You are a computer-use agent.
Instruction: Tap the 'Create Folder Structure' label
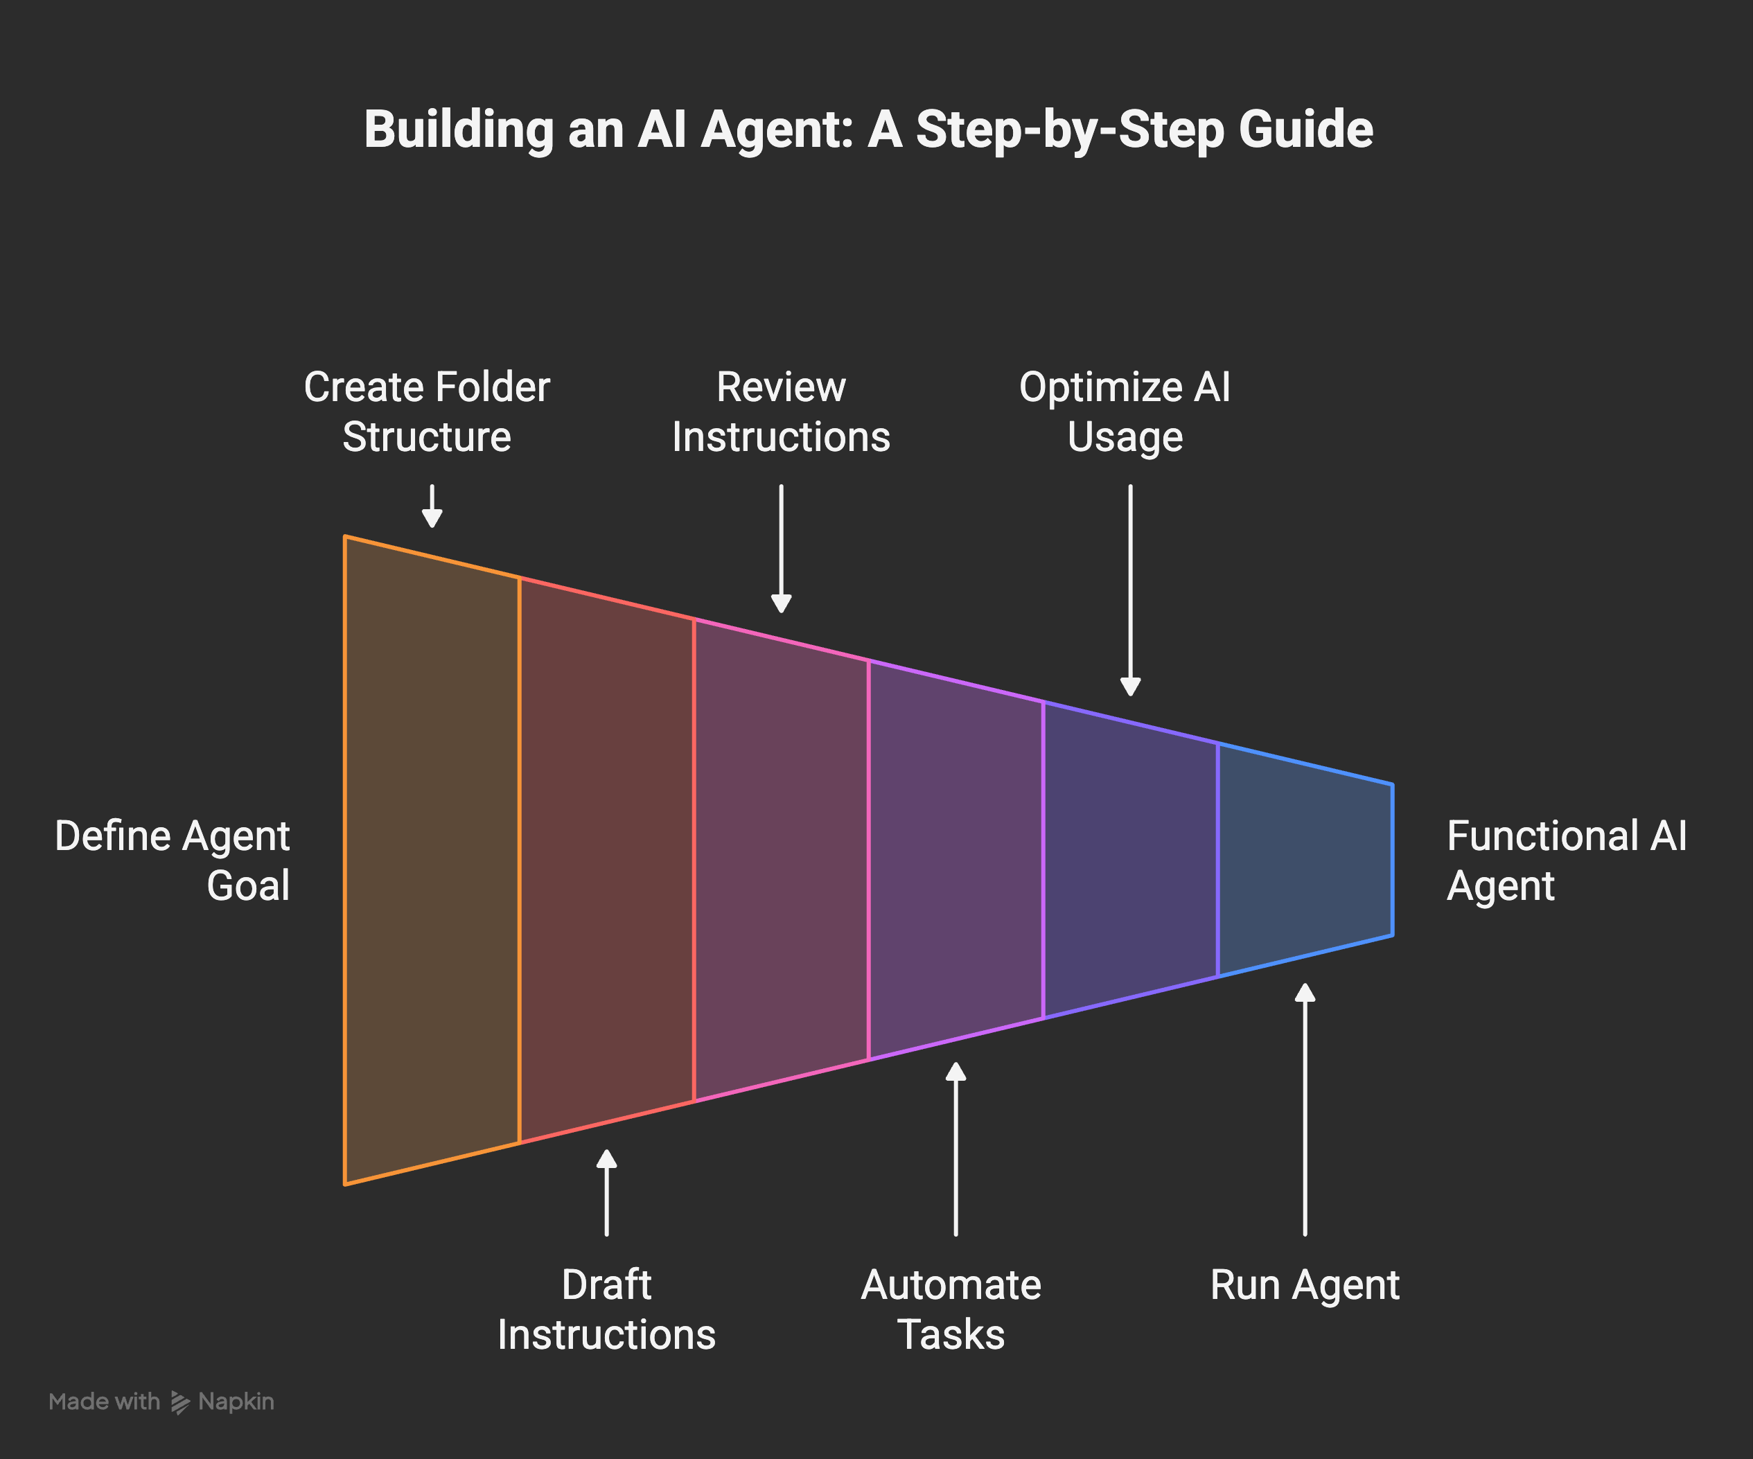[427, 412]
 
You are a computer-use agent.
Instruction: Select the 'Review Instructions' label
[780, 412]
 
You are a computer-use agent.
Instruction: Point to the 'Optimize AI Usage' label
[1125, 412]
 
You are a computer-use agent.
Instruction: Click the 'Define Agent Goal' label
[173, 860]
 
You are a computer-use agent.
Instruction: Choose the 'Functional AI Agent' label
[1565, 860]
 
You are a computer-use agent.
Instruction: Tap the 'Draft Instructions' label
[606, 1309]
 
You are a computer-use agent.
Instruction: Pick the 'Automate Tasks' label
[951, 1309]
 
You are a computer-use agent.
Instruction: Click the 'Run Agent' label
[1304, 1284]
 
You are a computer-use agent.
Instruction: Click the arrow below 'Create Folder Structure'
[432, 506]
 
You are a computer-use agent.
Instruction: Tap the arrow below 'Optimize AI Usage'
[1130, 590]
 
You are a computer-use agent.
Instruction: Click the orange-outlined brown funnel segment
[432, 860]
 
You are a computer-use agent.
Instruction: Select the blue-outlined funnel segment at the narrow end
[1305, 860]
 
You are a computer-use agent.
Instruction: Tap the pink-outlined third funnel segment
[780, 860]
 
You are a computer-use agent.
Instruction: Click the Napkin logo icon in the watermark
[179, 1402]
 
